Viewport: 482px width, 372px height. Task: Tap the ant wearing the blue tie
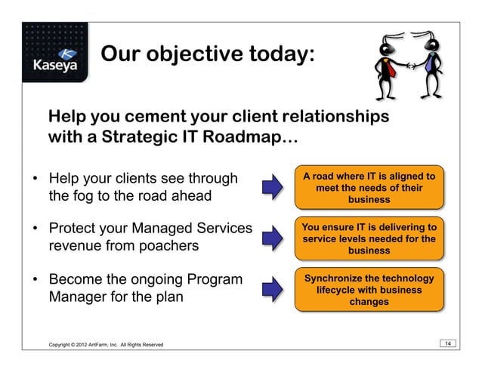click(x=433, y=63)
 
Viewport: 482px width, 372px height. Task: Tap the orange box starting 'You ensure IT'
click(x=368, y=238)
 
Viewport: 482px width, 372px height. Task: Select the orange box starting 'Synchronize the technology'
click(x=368, y=289)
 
